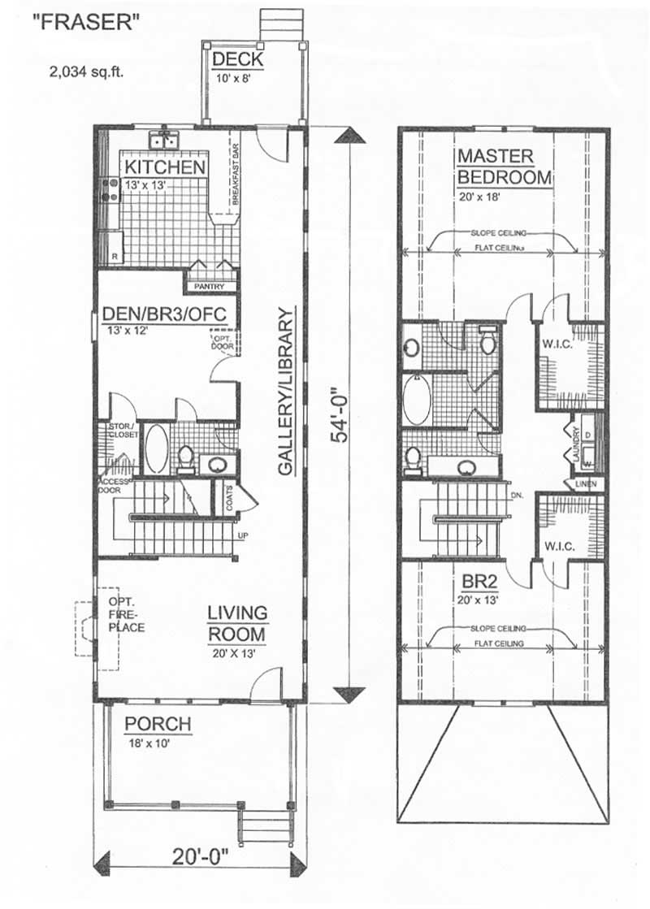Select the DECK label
(236, 60)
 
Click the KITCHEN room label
(163, 167)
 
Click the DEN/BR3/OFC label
(158, 314)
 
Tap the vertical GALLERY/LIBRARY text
(285, 391)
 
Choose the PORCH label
(158, 724)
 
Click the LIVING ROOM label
(237, 622)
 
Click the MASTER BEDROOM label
(504, 167)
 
